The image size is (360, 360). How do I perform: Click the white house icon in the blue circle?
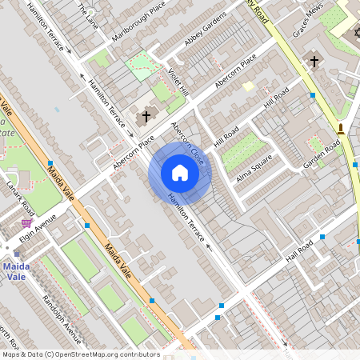[179, 173]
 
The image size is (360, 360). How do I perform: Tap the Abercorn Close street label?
[191, 148]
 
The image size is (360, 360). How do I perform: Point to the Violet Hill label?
[177, 80]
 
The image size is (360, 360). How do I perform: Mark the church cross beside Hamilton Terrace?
[145, 117]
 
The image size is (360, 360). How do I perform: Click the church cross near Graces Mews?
[314, 61]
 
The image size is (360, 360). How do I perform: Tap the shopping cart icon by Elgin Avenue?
[27, 223]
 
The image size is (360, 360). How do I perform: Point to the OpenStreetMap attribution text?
[80, 354]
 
